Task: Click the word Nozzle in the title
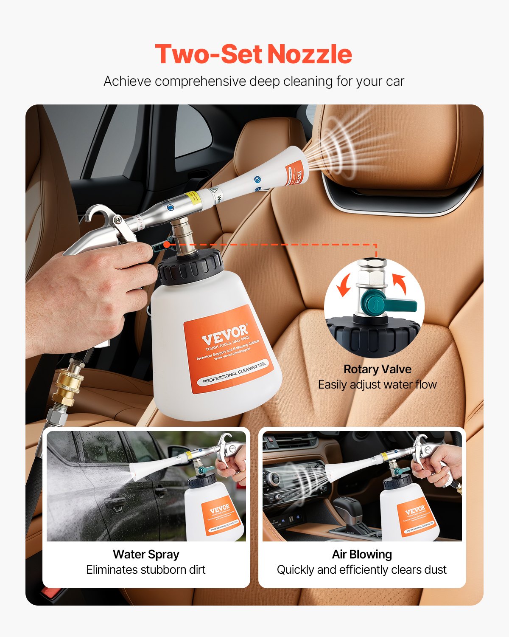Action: (309, 54)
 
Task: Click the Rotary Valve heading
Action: (377, 369)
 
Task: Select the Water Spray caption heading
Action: (146, 554)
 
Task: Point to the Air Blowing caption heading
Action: (362, 554)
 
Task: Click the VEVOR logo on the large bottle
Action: (225, 334)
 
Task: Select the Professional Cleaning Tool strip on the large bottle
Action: (234, 372)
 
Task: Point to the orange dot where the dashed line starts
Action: (167, 244)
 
